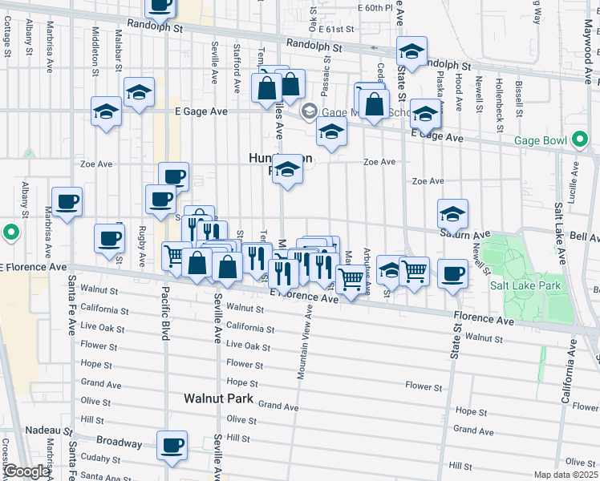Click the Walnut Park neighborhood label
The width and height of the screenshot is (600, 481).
[x=218, y=398]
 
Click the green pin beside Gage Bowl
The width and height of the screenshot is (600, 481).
[x=580, y=140]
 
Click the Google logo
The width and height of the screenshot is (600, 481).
[x=26, y=472]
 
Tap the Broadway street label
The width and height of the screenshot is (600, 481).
[x=119, y=442]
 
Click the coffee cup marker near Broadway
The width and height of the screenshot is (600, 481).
[x=172, y=446]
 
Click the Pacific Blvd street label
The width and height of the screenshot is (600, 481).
[x=164, y=313]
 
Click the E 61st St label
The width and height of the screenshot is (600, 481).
[x=335, y=29]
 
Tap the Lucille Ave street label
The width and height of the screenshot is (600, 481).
[x=575, y=180]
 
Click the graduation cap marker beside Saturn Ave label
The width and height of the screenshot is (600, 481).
[x=452, y=214]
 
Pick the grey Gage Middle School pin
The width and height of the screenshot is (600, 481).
[x=309, y=112]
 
